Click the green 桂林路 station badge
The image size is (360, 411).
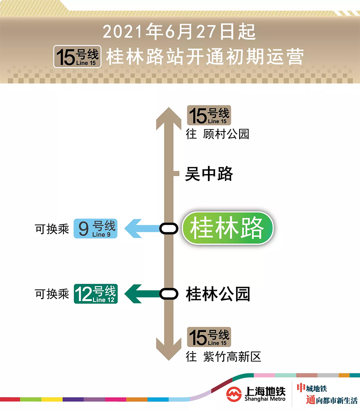click(x=227, y=228)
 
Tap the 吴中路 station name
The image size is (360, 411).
click(x=209, y=174)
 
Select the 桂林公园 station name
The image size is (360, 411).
click(x=218, y=294)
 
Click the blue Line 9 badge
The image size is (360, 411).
click(x=95, y=228)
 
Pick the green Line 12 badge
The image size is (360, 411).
click(x=96, y=294)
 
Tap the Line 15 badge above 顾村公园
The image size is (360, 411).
click(x=209, y=116)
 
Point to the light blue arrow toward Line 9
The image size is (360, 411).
click(x=141, y=228)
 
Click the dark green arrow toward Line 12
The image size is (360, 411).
click(x=141, y=294)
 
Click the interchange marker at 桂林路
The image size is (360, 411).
click(x=169, y=228)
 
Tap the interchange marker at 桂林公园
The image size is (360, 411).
click(x=169, y=294)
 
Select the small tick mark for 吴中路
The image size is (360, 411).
click(x=176, y=174)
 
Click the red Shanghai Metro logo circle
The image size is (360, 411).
click(x=234, y=393)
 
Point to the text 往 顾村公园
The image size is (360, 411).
click(x=217, y=134)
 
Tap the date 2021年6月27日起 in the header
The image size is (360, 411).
click(x=179, y=32)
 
